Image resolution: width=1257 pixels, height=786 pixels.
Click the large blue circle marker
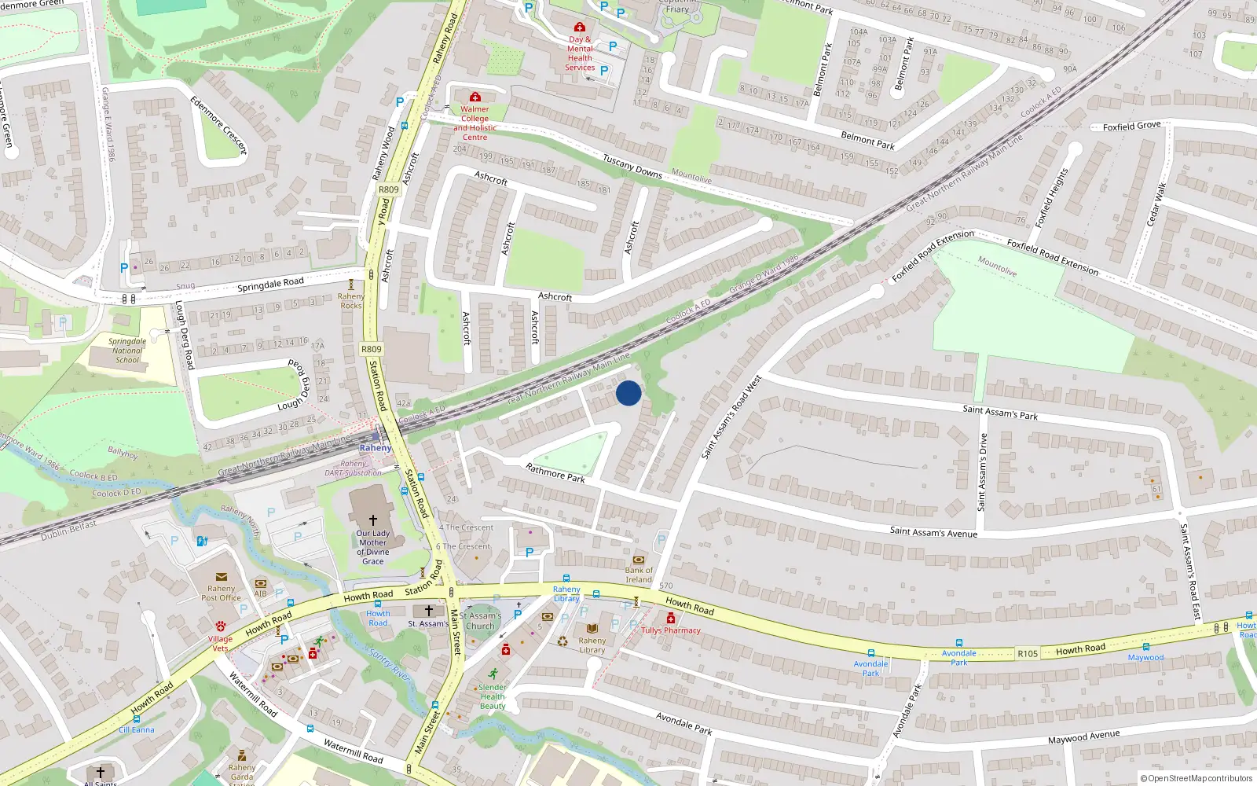628,393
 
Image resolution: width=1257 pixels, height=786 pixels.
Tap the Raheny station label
375,448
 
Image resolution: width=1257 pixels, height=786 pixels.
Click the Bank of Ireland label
639,575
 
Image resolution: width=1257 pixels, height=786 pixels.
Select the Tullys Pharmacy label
671,630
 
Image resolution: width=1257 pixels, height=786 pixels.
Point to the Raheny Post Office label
221,593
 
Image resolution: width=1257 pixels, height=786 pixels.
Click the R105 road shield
1027,653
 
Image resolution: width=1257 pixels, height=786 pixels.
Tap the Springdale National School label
127,351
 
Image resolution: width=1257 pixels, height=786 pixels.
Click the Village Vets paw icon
221,626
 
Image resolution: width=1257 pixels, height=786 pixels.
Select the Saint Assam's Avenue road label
933,532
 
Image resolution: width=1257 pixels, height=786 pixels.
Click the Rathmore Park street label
555,472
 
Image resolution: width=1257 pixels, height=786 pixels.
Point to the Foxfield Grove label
1131,126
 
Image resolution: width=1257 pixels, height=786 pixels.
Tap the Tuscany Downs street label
632,166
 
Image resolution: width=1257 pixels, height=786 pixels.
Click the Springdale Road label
270,284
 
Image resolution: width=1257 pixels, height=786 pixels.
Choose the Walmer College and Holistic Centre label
475,123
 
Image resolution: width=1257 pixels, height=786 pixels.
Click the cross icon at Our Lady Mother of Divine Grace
373,520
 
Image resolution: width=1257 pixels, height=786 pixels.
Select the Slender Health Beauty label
493,696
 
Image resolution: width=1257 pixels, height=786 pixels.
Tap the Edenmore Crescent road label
219,124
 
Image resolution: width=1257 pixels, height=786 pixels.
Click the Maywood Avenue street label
1083,736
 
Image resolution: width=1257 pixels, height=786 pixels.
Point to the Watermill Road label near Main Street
354,752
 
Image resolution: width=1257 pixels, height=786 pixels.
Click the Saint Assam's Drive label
982,472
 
